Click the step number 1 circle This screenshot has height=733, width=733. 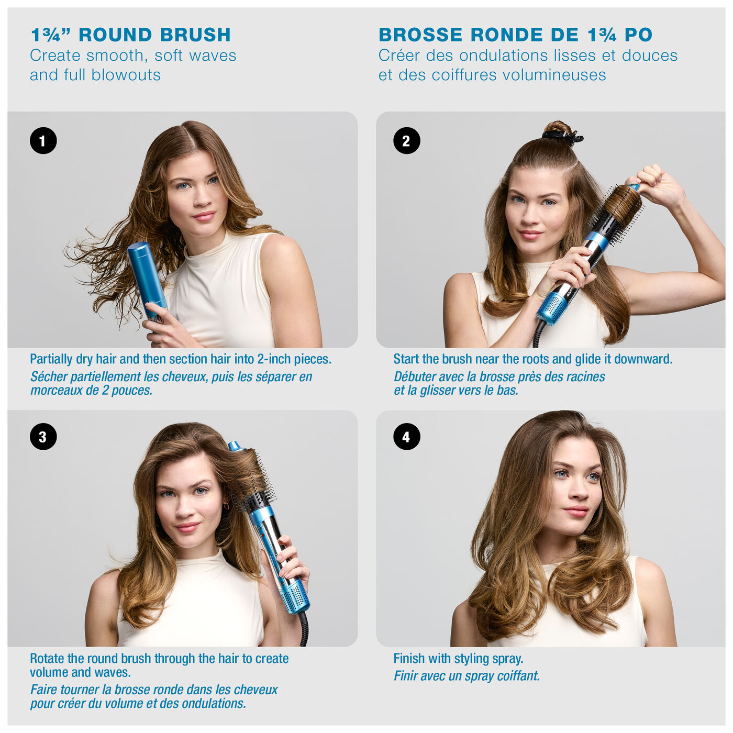pyautogui.click(x=43, y=141)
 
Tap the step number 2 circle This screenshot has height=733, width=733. pyautogui.click(x=406, y=141)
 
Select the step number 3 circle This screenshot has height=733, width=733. pyautogui.click(x=43, y=437)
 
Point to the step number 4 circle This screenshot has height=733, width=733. pyautogui.click(x=406, y=437)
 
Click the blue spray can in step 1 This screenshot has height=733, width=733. pyautogui.click(x=146, y=277)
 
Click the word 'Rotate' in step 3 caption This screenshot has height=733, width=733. pyautogui.click(x=47, y=659)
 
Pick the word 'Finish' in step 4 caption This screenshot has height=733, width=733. pyautogui.click(x=409, y=659)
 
